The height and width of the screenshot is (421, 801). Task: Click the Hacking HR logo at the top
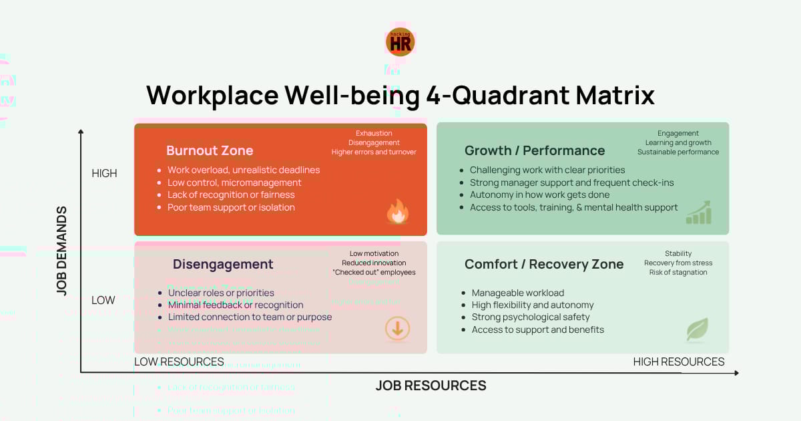[x=400, y=41]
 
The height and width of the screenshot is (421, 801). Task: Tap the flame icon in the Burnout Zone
[x=397, y=212]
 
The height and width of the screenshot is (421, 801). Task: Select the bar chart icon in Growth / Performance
[x=699, y=213]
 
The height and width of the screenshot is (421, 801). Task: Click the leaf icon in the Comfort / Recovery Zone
[x=697, y=329]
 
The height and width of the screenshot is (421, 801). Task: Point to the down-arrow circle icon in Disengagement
[x=397, y=328]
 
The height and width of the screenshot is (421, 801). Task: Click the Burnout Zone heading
[x=210, y=150]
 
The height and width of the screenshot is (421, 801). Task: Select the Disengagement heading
[x=223, y=264]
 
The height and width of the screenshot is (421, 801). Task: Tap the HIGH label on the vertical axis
[x=104, y=173]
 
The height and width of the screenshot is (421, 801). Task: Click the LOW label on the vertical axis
[x=103, y=300]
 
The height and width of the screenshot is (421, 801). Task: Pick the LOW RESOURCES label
[x=179, y=362]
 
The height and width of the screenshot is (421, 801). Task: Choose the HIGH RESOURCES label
[x=678, y=362]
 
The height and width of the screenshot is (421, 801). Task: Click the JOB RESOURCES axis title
[x=431, y=386]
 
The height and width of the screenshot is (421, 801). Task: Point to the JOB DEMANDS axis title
[x=61, y=251]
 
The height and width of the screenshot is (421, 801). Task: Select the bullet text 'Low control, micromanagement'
[x=234, y=182]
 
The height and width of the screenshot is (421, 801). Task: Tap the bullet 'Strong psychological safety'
[x=531, y=317]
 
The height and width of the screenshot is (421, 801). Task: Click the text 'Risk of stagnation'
[x=678, y=272]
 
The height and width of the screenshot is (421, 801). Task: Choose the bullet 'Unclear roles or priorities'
[x=221, y=293]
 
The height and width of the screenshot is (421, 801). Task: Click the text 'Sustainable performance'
[x=678, y=152]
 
